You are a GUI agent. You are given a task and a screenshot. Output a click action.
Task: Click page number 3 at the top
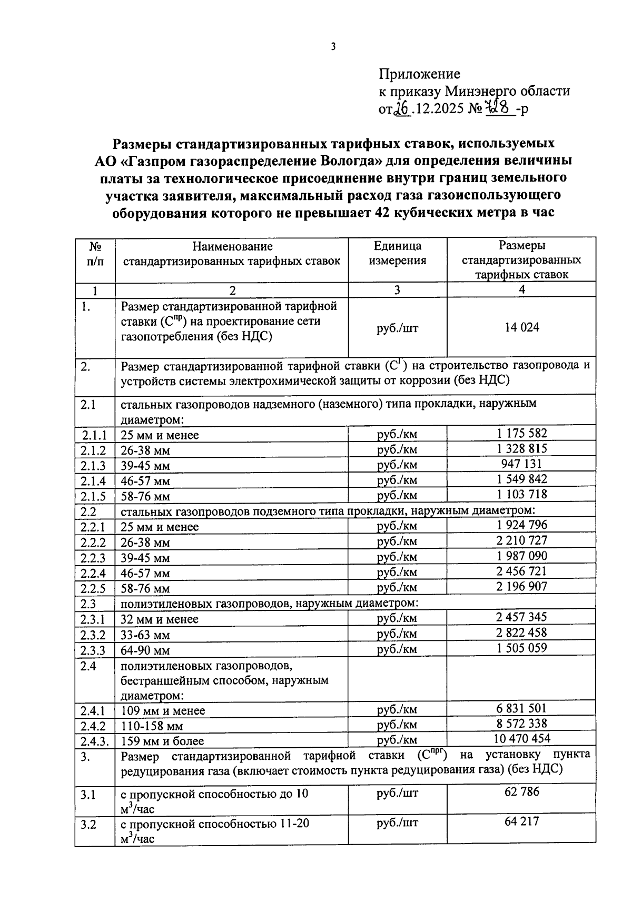coord(333,47)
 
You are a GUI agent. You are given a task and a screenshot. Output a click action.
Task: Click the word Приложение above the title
coord(419,74)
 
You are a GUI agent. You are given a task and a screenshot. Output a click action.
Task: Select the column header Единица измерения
coord(397,253)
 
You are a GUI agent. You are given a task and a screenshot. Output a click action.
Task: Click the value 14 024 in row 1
coord(521,327)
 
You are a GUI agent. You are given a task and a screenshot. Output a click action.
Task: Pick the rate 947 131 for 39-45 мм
coord(521,464)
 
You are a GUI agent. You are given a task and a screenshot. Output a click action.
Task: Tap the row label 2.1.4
coord(94,481)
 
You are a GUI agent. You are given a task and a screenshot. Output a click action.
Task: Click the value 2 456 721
coord(521,571)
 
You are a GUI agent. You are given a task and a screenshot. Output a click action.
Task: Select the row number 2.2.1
coord(94,527)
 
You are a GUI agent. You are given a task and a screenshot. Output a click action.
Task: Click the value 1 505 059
coord(521,648)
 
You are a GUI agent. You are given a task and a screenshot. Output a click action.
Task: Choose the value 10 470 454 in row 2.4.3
coord(521,738)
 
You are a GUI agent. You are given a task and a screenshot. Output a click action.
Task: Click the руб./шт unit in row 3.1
coord(397,792)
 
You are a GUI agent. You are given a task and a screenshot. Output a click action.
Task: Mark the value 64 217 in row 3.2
coord(521,821)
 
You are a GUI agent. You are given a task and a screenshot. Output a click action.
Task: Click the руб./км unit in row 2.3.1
coord(397,618)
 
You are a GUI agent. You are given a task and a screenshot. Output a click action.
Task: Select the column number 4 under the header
coord(521,289)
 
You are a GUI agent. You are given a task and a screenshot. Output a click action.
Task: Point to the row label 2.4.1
coord(94,711)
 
